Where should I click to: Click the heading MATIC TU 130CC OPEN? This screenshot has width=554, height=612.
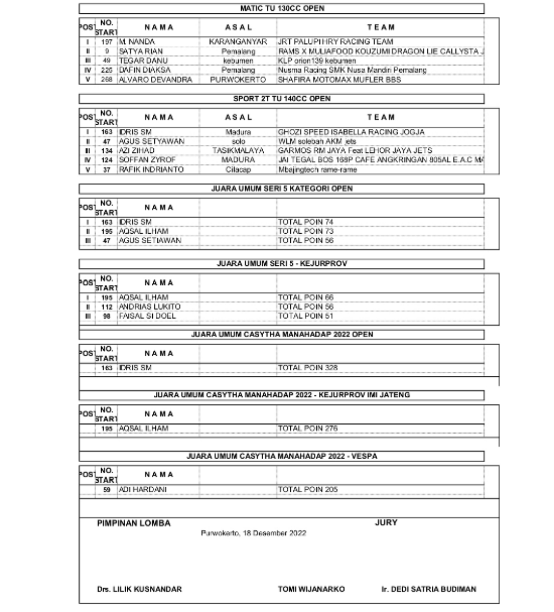[x=282, y=8]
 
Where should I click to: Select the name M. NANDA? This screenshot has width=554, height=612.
[x=137, y=42]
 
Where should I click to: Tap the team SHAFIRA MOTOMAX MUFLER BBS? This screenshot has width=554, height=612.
[x=339, y=80]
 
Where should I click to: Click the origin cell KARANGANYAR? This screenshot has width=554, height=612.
[x=239, y=42]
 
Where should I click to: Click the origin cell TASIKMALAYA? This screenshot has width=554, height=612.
[x=239, y=150]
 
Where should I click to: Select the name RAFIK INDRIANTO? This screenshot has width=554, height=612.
[x=151, y=169]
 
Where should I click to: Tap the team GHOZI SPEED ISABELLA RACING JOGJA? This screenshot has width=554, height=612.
[x=351, y=132]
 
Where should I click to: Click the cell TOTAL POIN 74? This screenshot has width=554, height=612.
[x=306, y=222]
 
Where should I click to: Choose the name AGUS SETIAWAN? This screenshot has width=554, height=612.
[x=150, y=240]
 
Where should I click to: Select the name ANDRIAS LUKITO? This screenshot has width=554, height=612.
[x=150, y=307]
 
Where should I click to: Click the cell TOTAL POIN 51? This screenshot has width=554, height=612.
[x=306, y=316]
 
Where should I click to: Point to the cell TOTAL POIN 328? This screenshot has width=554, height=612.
[x=308, y=368]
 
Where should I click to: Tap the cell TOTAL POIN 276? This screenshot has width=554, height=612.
[x=308, y=428]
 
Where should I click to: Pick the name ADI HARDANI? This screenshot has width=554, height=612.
[x=143, y=489]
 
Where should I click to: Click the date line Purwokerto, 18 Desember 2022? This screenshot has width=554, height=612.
[x=253, y=533]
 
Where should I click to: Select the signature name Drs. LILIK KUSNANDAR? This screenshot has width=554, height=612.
[x=140, y=589]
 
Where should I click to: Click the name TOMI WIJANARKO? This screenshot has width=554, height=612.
[x=311, y=589]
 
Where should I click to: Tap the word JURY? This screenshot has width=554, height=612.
[x=386, y=523]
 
